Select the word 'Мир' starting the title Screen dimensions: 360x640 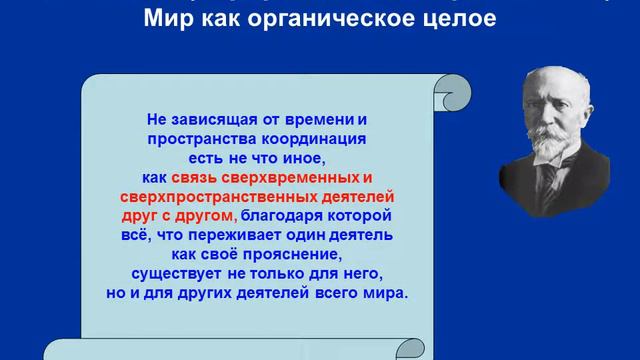166,18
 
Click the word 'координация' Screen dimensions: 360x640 316,139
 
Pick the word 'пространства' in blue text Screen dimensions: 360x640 194,139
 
